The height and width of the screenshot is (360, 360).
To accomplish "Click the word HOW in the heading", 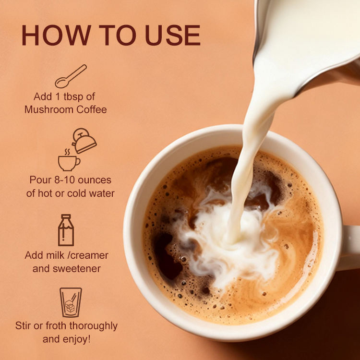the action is click(x=57, y=35).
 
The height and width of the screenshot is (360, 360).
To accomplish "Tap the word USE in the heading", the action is click(x=173, y=35).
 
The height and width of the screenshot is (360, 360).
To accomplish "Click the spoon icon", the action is click(x=71, y=76).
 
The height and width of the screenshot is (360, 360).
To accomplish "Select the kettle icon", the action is click(x=84, y=141).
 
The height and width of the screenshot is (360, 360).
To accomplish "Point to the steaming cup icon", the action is click(x=69, y=160).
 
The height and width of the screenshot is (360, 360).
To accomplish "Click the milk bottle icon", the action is click(x=66, y=230).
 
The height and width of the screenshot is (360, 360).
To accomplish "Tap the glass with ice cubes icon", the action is click(x=71, y=302).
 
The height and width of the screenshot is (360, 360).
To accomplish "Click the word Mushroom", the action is click(x=48, y=109).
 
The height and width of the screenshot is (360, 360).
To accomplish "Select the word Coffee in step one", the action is click(x=92, y=109).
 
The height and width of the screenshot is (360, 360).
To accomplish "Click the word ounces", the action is click(x=95, y=180).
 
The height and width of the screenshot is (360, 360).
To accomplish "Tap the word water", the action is click(x=102, y=193).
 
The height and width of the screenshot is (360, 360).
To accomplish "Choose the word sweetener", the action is click(x=77, y=269).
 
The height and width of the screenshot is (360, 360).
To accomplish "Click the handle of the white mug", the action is click(x=350, y=248).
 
